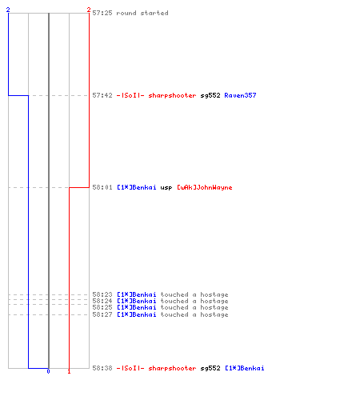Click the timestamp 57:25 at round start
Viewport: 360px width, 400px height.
[102, 13]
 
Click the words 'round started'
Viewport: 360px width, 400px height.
[142, 13]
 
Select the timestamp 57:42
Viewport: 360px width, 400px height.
[102, 95]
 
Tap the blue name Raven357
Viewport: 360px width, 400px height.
[240, 95]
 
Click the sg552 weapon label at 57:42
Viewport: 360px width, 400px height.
[210, 96]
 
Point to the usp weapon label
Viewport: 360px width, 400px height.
[166, 188]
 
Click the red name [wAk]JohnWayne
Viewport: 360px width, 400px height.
[205, 188]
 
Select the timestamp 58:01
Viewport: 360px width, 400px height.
[102, 187]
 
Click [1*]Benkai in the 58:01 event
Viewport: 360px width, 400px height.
[137, 187]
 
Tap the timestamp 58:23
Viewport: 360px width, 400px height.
[102, 294]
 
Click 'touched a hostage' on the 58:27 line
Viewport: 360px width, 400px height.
[194, 315]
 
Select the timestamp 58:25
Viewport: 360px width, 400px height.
[102, 307]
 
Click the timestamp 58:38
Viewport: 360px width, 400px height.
[102, 368]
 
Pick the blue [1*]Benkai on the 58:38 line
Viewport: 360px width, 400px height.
[245, 368]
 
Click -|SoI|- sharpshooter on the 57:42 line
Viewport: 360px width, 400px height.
[156, 95]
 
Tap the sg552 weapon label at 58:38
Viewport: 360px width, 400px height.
[210, 369]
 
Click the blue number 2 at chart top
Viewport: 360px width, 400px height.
[8, 10]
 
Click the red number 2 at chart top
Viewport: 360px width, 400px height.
[89, 10]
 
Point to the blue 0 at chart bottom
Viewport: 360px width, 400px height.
[48, 371]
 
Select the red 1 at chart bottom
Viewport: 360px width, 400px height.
[69, 371]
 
